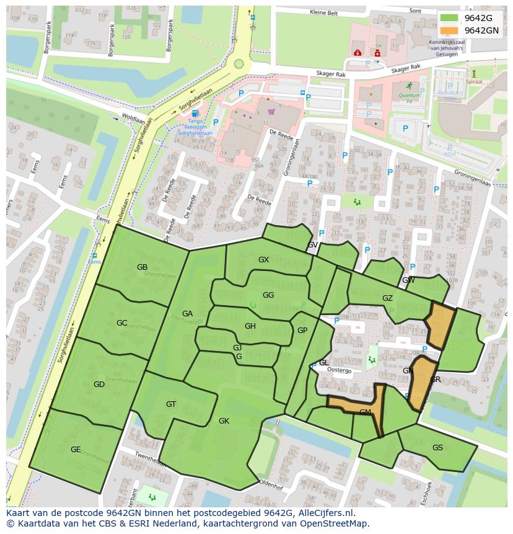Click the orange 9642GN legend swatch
450,30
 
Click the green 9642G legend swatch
450,18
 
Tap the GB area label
142,267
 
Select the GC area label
121,323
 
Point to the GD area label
99,385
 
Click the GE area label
76,450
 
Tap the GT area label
171,404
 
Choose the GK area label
224,421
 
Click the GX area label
263,260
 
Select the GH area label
250,326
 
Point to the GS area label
437,448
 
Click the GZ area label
387,298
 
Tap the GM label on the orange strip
365,412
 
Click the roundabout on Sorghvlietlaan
239,63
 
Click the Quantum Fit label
409,96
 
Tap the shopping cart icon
271,112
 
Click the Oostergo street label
339,370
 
